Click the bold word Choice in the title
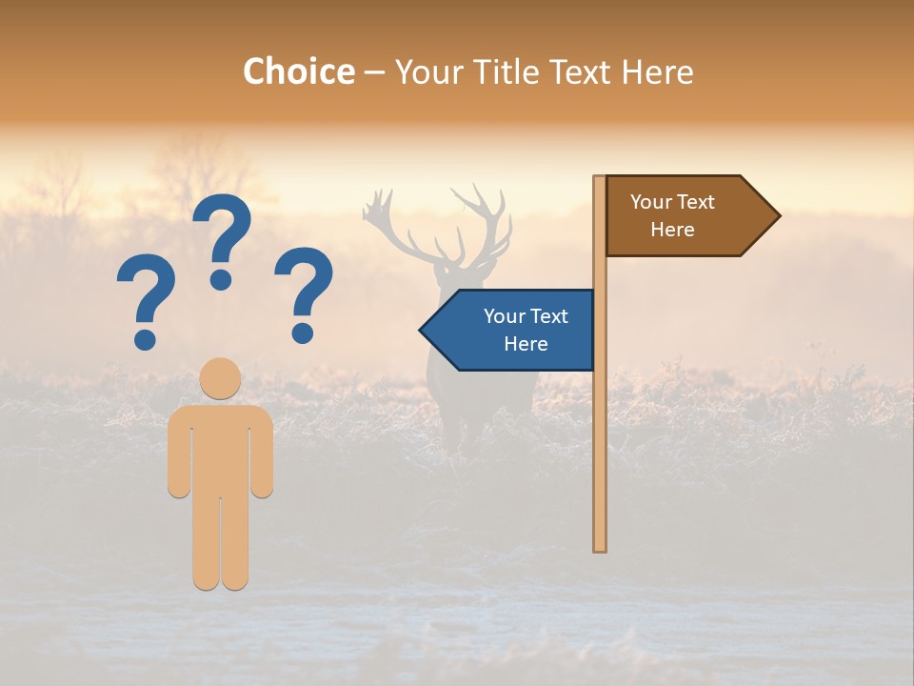(x=298, y=71)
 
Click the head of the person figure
(x=221, y=378)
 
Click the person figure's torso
(x=221, y=448)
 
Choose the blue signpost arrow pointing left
(x=509, y=330)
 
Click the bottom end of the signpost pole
(x=600, y=547)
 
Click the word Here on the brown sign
(x=672, y=230)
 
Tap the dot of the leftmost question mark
(x=146, y=338)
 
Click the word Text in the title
(x=580, y=71)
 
